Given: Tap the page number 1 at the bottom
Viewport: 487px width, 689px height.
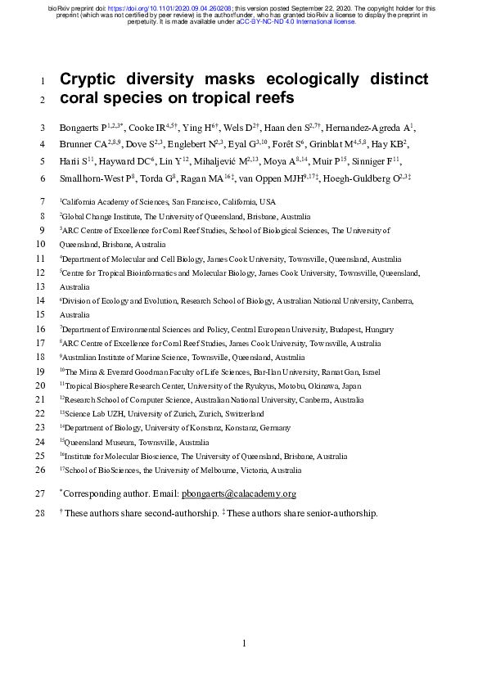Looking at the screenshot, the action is (244, 644).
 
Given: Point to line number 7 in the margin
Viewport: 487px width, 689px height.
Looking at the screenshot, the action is (43, 201).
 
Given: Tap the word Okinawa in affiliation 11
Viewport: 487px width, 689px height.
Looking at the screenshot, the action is (338, 385).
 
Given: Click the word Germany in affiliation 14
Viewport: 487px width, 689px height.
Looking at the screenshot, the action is (272, 428).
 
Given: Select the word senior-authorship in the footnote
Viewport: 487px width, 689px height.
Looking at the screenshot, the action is (344, 513).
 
